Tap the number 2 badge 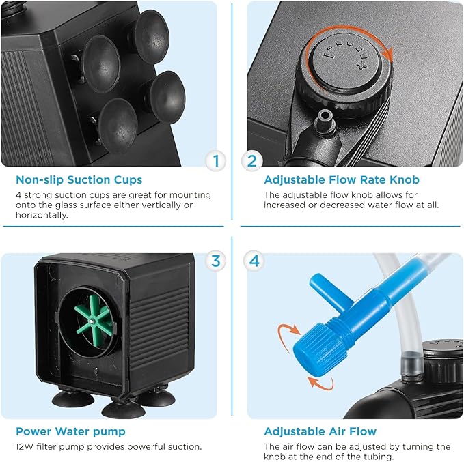(x=251, y=161)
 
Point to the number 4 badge (x=251, y=260)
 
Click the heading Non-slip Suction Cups (x=79, y=180)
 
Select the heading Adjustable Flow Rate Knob (x=342, y=180)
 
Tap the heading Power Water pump (x=71, y=431)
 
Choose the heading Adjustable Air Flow (x=320, y=431)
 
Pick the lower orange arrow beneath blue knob (x=318, y=383)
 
